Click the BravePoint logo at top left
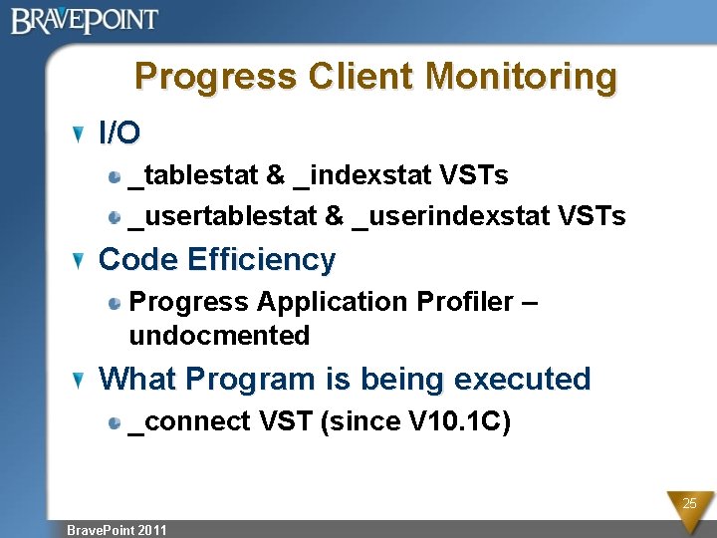[x=85, y=20]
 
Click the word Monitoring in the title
[x=521, y=77]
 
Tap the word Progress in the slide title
[x=215, y=77]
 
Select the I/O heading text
[x=119, y=132]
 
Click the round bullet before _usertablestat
[x=117, y=216]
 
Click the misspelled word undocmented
[x=219, y=336]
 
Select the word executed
[x=522, y=380]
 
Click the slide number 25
[x=688, y=504]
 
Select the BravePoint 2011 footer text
[x=117, y=529]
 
